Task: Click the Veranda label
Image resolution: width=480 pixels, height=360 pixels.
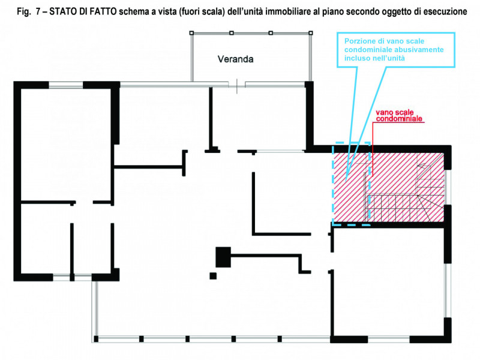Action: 235,59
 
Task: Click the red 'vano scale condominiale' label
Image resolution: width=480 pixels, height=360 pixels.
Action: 399,115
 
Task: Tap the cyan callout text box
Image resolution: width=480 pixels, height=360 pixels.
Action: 396,50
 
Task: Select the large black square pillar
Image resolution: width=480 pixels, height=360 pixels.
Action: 223,257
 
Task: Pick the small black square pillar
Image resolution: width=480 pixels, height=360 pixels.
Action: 213,276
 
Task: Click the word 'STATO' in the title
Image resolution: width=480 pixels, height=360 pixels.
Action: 64,11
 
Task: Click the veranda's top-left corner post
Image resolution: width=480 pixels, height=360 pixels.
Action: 191,33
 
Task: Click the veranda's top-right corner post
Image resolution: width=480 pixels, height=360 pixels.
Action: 311,33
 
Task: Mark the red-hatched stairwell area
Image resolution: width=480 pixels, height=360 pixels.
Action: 388,187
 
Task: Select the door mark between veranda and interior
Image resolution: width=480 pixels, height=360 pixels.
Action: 236,86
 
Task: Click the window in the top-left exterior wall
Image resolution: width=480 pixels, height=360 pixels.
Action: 66,85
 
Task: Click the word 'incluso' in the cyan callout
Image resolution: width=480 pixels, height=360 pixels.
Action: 355,58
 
